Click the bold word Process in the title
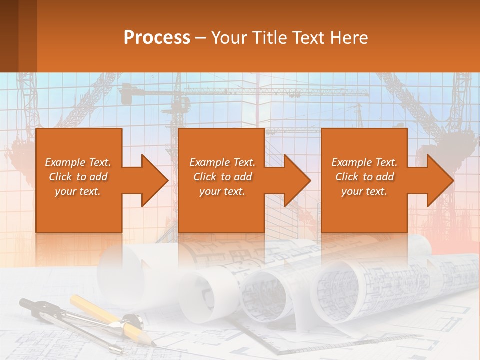coord(157,38)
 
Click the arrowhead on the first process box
coord(154,180)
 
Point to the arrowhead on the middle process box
coord(297,180)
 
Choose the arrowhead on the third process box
coord(440,180)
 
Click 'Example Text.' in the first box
coord(78,162)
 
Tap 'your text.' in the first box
coord(78,191)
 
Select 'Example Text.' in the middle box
coord(222,162)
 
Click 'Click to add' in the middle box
coord(222,177)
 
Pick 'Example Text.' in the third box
coord(364,162)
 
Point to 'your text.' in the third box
coord(364,191)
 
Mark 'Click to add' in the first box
coord(78,177)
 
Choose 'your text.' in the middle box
coord(222,191)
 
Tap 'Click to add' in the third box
coord(364,177)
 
